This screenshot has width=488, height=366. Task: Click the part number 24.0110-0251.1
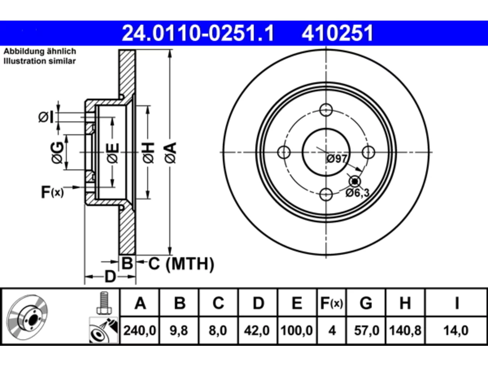[198, 33]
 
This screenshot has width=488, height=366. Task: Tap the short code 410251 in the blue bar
[337, 33]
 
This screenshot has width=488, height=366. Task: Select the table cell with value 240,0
[140, 331]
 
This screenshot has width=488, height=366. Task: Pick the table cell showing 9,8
[179, 331]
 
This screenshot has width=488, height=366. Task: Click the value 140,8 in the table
[405, 331]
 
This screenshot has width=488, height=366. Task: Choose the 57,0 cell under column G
[366, 331]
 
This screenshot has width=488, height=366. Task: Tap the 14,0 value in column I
[456, 331]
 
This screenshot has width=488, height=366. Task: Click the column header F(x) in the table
[331, 303]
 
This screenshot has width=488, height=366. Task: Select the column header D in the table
[258, 303]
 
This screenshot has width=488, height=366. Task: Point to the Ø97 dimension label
[337, 159]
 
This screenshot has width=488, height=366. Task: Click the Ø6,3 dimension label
[357, 193]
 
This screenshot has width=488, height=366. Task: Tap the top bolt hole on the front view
[326, 110]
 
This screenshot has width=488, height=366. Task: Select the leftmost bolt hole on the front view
[284, 152]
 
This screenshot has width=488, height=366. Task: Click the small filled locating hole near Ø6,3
[355, 181]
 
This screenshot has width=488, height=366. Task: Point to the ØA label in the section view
[170, 153]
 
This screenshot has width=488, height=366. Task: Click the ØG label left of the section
[58, 153]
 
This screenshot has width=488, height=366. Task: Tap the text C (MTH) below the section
[181, 264]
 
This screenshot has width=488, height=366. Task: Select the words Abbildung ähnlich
[40, 51]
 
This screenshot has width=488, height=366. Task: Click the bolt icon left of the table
[104, 303]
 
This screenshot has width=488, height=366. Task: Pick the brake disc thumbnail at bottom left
[27, 317]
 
